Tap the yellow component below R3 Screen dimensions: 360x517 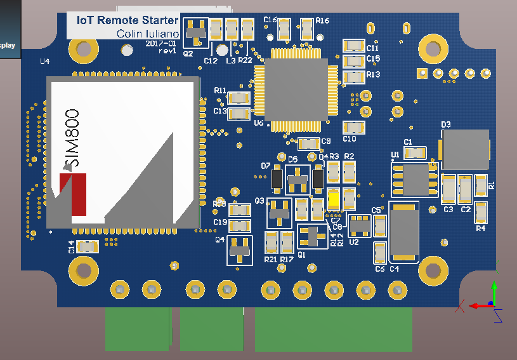[334, 199]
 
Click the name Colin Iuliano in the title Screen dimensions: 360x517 [148, 33]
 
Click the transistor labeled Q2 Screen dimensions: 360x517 [195, 32]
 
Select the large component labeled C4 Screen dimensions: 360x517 [403, 232]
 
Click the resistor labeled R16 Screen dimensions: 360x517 [308, 29]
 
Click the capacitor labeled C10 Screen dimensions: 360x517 [353, 127]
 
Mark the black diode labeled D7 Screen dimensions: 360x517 [277, 180]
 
